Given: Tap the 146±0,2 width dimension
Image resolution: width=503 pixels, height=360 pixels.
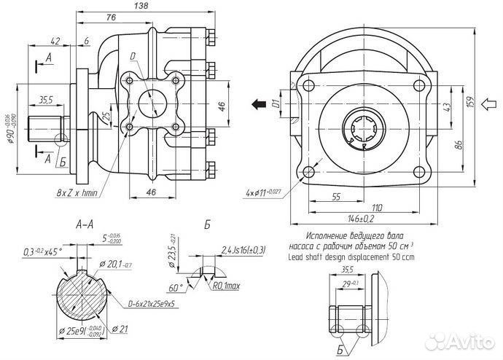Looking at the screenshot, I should point(356,218).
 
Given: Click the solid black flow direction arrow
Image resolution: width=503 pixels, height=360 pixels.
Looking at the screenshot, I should point(257,103).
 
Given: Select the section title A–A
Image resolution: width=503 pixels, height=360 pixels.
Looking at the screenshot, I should point(84,226).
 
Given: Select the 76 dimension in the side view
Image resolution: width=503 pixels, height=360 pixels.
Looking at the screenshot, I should point(111,17).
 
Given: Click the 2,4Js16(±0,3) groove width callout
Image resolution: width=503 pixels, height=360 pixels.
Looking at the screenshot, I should point(243,251).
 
